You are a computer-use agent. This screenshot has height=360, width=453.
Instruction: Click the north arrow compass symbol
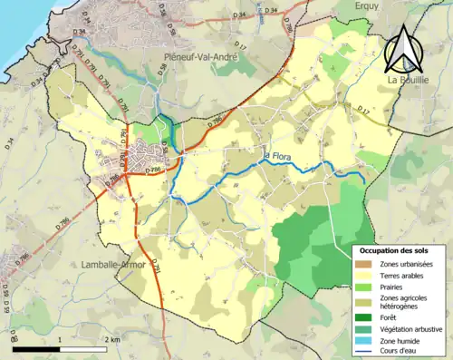coord(405,50)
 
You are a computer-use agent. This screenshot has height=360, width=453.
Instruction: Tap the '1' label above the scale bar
coord(59,339)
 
